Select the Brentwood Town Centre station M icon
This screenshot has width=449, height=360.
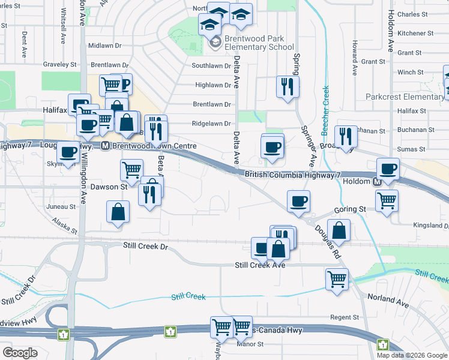(104, 146)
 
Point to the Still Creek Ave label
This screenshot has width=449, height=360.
(260, 265)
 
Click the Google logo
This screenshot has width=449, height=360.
(20, 353)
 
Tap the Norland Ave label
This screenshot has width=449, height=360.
(388, 301)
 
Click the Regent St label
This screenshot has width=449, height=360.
(344, 317)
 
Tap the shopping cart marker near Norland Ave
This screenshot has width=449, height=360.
(337, 278)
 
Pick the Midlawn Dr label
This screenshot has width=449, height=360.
(104, 46)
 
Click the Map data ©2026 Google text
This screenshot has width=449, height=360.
(412, 355)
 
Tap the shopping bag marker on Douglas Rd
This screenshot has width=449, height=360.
(339, 230)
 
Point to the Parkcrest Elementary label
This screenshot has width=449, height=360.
(405, 97)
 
